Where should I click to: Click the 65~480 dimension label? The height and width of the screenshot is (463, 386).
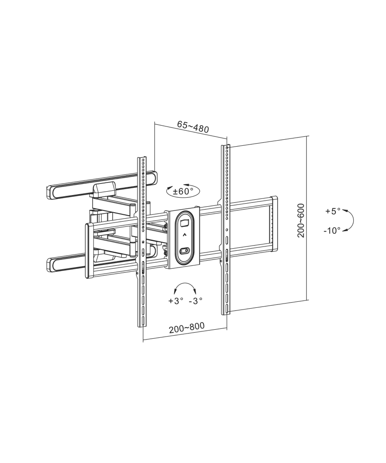pos(193,126)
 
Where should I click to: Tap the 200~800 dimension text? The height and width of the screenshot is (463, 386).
pos(187,328)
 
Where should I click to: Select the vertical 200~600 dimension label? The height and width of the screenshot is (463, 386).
pos(301,220)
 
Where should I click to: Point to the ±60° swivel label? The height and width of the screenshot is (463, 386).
pos(183,191)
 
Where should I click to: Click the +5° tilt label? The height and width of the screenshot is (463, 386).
pos(333,211)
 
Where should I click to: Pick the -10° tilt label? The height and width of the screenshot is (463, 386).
pos(332,231)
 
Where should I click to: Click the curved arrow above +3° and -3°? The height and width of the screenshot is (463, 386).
pos(185,283)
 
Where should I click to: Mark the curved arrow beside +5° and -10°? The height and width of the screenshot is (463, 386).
pos(353,220)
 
